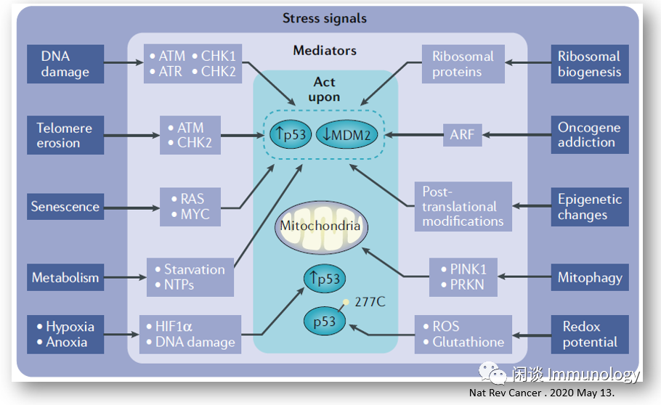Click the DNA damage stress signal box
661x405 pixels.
click(65, 64)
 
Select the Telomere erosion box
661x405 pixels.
click(65, 135)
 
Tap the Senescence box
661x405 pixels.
click(65, 207)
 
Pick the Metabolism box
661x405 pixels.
click(65, 278)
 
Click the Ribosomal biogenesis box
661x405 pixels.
click(589, 64)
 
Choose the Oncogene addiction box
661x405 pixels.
click(589, 135)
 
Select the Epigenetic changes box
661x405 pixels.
click(589, 207)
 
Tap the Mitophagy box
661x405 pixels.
click(589, 278)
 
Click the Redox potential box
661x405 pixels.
click(589, 335)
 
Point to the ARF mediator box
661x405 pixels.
click(462, 134)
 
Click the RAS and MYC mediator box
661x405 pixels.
click(190, 207)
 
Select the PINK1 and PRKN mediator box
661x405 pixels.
click(463, 277)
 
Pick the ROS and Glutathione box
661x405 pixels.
click(463, 335)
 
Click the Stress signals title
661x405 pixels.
click(325, 18)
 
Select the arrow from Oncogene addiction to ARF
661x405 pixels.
click(516, 134)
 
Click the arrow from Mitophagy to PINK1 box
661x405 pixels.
click(524, 277)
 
